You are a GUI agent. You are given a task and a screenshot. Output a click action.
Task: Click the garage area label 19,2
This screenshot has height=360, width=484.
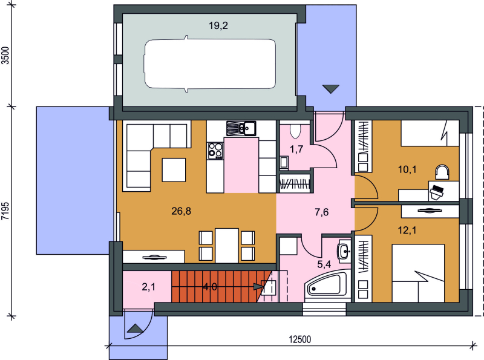pyautogui.click(x=218, y=25)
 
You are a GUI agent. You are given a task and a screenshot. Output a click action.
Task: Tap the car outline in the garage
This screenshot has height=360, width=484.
pyautogui.click(x=210, y=64)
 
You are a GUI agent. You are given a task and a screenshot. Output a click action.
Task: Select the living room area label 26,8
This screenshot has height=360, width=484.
pyautogui.click(x=181, y=211)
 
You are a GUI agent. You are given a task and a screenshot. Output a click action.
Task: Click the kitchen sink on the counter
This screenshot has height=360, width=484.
pyautogui.click(x=241, y=128)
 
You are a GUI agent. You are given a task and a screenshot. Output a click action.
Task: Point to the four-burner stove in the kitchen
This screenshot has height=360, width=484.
pyautogui.click(x=215, y=151)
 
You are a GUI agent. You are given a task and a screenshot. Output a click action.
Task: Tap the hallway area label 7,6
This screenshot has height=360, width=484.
pyautogui.click(x=322, y=212)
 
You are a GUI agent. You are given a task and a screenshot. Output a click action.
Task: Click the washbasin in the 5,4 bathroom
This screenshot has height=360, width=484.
pyautogui.click(x=344, y=251)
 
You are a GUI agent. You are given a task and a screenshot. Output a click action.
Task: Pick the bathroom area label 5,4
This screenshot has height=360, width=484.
pyautogui.click(x=324, y=264)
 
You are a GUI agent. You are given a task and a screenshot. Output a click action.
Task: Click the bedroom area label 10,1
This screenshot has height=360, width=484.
pyautogui.click(x=407, y=169)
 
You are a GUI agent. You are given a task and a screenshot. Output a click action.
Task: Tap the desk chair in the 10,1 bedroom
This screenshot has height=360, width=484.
pyautogui.click(x=442, y=172)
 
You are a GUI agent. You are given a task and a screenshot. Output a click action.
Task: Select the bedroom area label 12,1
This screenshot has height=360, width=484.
pyautogui.click(x=407, y=230)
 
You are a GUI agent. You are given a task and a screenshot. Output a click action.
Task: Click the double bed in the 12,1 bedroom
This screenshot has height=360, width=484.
pyautogui.click(x=418, y=273)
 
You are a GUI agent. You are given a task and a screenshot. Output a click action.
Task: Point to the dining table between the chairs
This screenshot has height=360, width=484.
pyautogui.click(x=227, y=246)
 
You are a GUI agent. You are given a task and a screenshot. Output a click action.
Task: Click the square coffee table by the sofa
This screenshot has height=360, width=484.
pyautogui.click(x=174, y=170)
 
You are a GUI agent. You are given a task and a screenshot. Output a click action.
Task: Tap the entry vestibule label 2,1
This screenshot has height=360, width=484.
pyautogui.click(x=148, y=287)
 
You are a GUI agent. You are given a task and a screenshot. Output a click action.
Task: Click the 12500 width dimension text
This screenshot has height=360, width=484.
pyautogui.click(x=300, y=339)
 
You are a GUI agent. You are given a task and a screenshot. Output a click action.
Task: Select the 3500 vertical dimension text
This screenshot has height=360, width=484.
pyautogui.click(x=6, y=55)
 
